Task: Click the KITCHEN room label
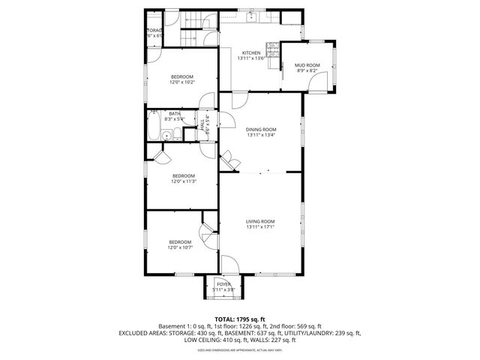[250, 52]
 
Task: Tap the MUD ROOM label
[307, 65]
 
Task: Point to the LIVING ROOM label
[261, 221]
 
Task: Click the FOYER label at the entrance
[223, 284]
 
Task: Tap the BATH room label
[174, 113]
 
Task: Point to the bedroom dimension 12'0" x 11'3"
[183, 181]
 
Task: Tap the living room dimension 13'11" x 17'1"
[261, 227]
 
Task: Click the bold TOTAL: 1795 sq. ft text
[240, 319]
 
